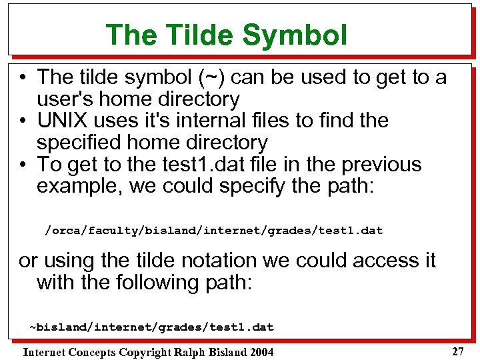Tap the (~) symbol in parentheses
coord(210,77)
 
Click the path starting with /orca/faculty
coord(213,231)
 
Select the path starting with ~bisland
coord(151,327)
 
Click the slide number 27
coord(457,351)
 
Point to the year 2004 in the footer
coord(261,352)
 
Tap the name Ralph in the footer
coord(190,352)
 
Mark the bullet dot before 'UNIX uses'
coord(23,121)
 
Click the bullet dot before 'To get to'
coord(23,165)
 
